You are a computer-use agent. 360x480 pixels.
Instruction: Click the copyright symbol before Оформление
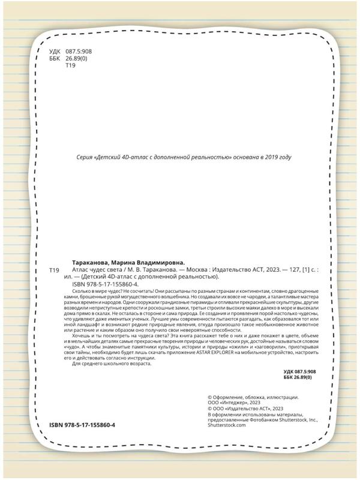(x=209, y=397)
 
